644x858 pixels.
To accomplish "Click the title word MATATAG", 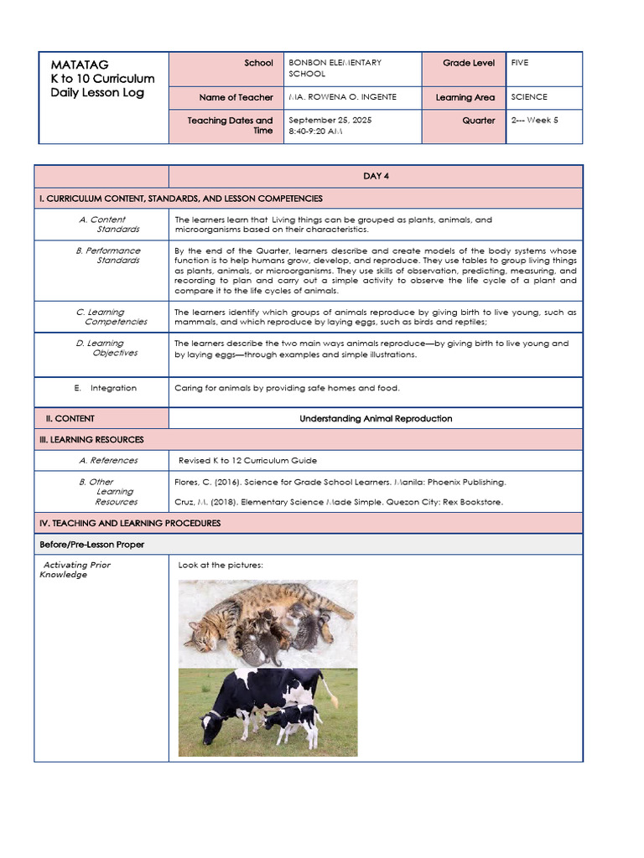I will pyautogui.click(x=80, y=65).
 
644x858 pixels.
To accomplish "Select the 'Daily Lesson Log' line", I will pyautogui.click(x=97, y=93).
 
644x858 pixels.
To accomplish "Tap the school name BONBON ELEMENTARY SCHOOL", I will pyautogui.click(x=335, y=68).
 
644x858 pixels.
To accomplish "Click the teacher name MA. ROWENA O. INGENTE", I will pyautogui.click(x=342, y=97).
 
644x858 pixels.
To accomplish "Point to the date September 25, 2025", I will pyautogui.click(x=330, y=121).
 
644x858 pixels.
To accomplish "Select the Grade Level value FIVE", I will pyautogui.click(x=520, y=63).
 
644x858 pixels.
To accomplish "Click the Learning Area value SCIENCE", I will pyautogui.click(x=529, y=97).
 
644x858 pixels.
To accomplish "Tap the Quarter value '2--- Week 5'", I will pyautogui.click(x=534, y=121).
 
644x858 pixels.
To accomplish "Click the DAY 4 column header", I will pyautogui.click(x=376, y=176).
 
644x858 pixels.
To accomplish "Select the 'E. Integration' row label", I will pyautogui.click(x=106, y=389).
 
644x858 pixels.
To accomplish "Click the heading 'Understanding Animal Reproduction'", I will pyautogui.click(x=376, y=419).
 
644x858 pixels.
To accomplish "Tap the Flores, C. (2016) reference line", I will pyautogui.click(x=340, y=483).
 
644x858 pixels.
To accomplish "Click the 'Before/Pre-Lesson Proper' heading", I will pyautogui.click(x=92, y=545).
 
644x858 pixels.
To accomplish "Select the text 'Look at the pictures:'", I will pyautogui.click(x=221, y=566).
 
